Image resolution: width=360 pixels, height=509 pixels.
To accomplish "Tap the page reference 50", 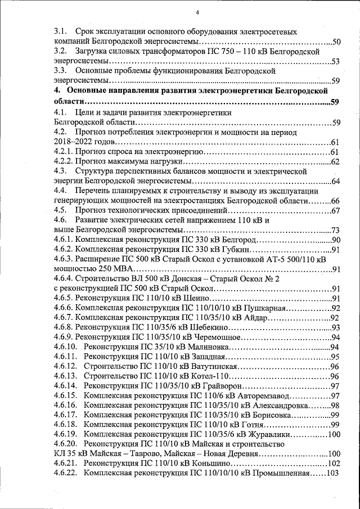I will coord(336,42).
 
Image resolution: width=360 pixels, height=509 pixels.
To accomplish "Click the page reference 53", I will coord(336,62).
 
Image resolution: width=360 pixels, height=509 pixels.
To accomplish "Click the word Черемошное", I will coord(216,337).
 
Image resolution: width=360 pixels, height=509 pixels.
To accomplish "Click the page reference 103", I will coord(333,473).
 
